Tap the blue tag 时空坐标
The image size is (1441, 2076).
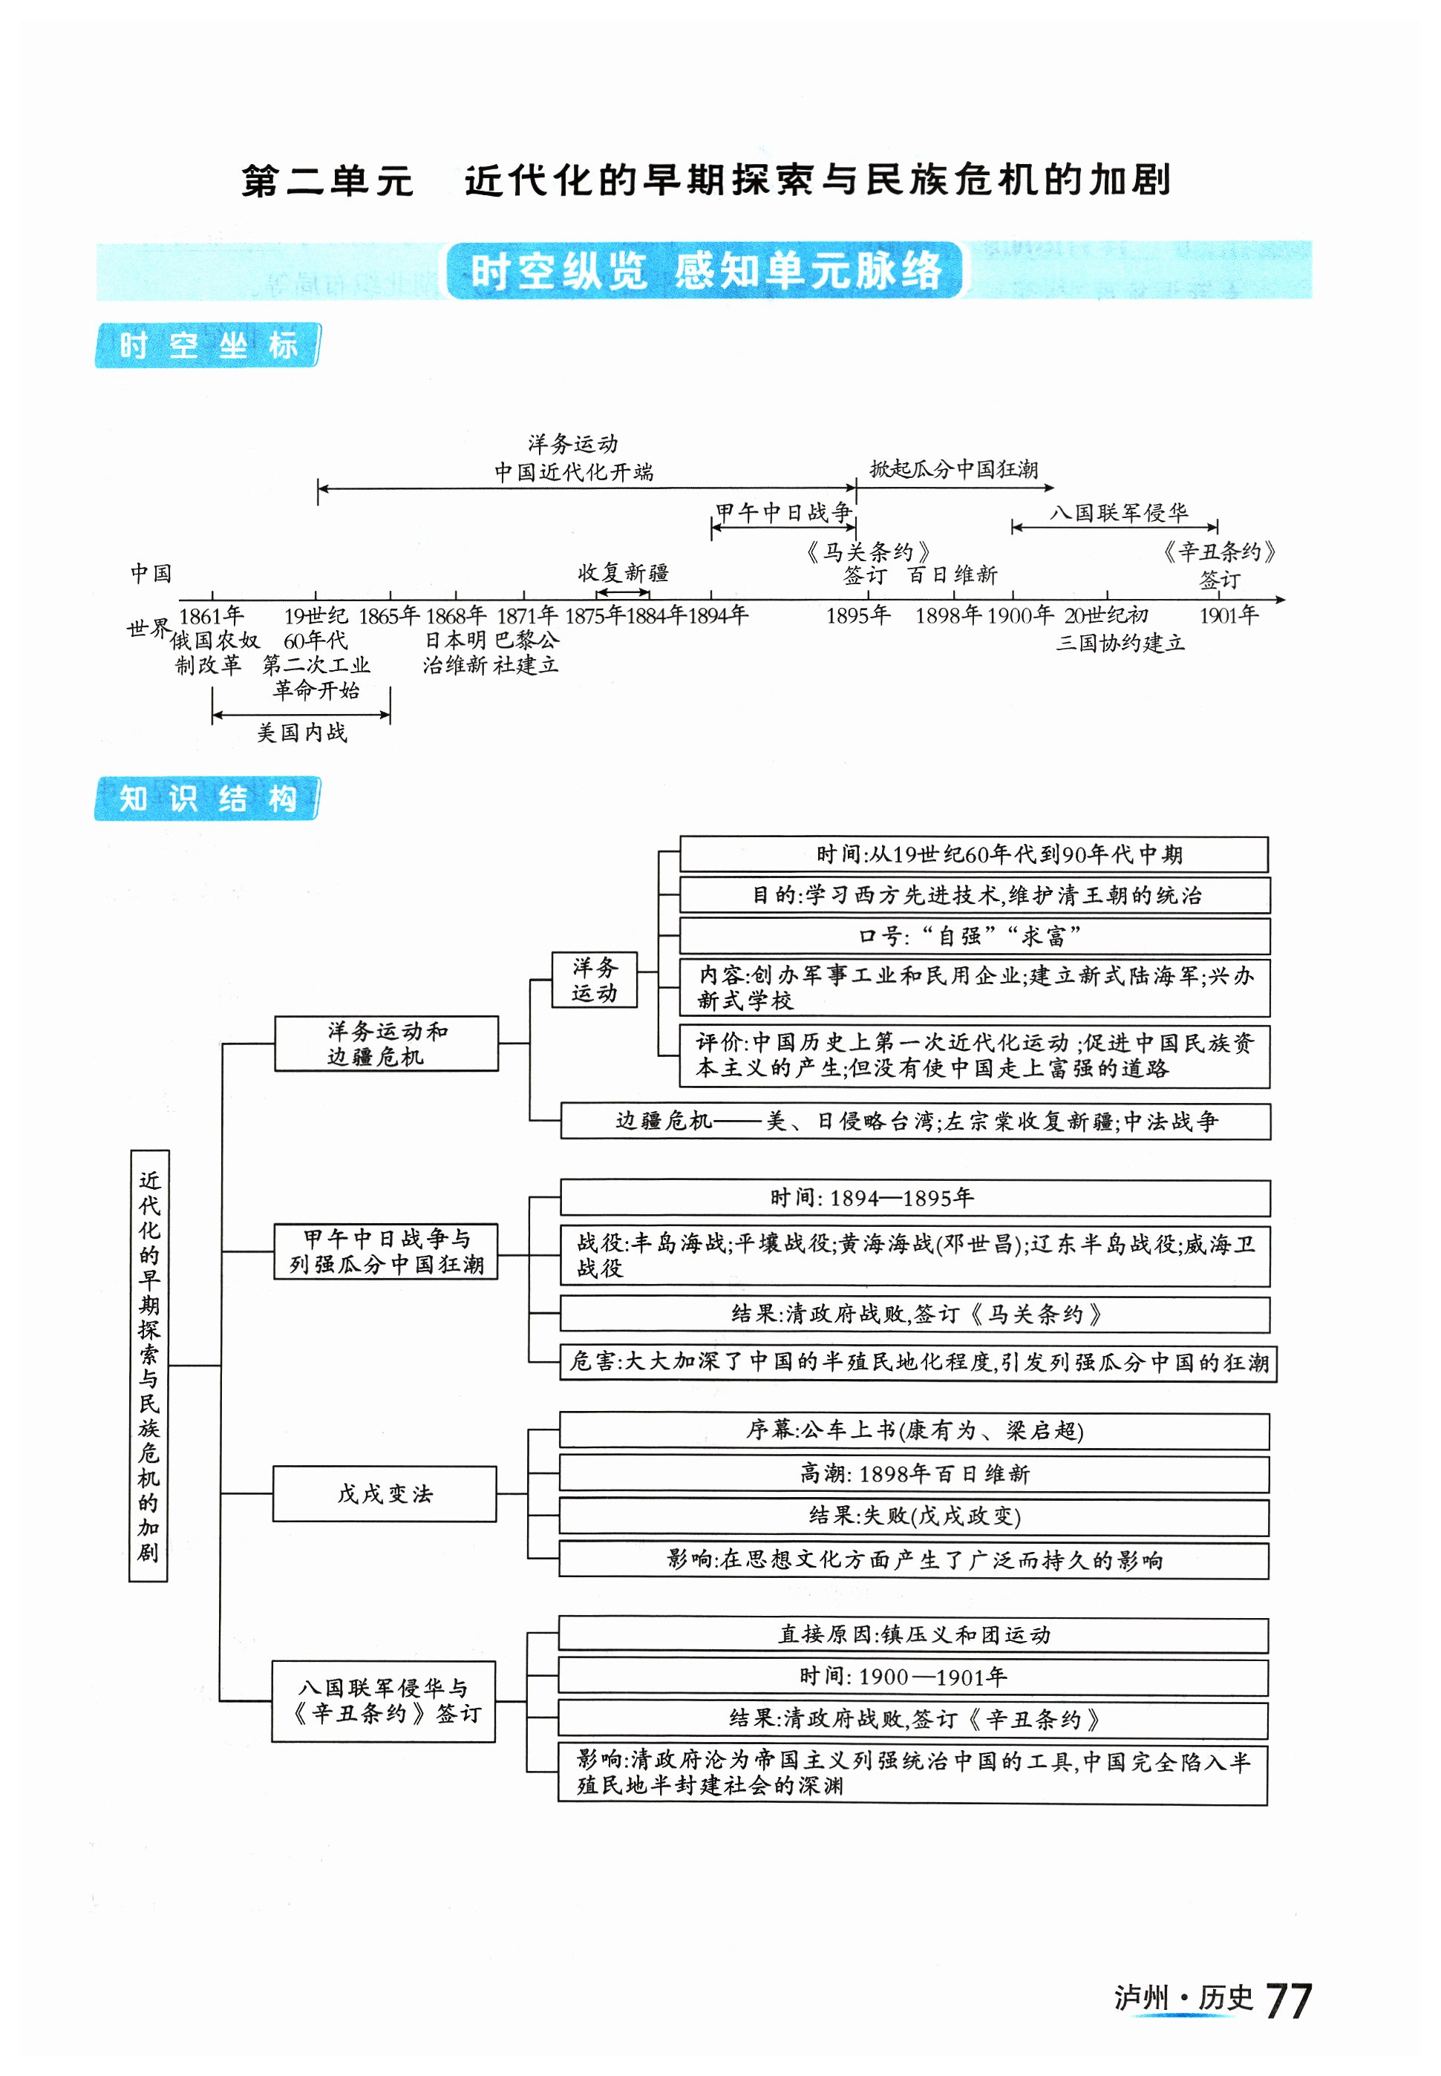[208, 345]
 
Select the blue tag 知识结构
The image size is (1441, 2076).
[208, 798]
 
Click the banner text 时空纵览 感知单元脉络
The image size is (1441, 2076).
[705, 270]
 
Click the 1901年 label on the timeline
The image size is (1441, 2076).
[1228, 615]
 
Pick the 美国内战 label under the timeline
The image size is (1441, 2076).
[301, 732]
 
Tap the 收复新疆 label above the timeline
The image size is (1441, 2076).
[623, 572]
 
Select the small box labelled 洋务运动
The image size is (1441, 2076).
[594, 979]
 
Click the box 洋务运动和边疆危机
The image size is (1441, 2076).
[387, 1044]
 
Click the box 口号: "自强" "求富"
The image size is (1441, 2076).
[974, 936]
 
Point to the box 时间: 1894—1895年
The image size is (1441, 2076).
[915, 1198]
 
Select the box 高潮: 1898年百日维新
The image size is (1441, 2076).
[914, 1474]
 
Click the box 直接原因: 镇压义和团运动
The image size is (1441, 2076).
[914, 1634]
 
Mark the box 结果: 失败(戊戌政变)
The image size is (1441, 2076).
[914, 1516]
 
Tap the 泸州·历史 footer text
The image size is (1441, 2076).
[1183, 1998]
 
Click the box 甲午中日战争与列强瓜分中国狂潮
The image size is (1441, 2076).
[387, 1251]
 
